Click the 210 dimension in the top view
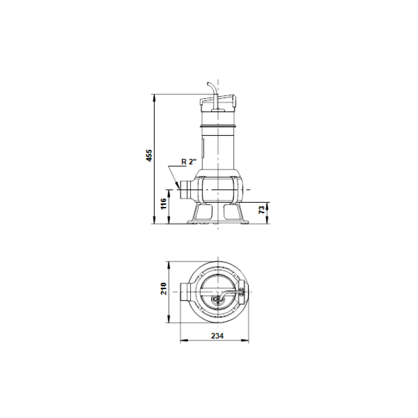point(163,288)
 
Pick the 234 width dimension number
point(215,336)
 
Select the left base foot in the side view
point(201,213)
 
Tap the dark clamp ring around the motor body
point(219,127)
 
